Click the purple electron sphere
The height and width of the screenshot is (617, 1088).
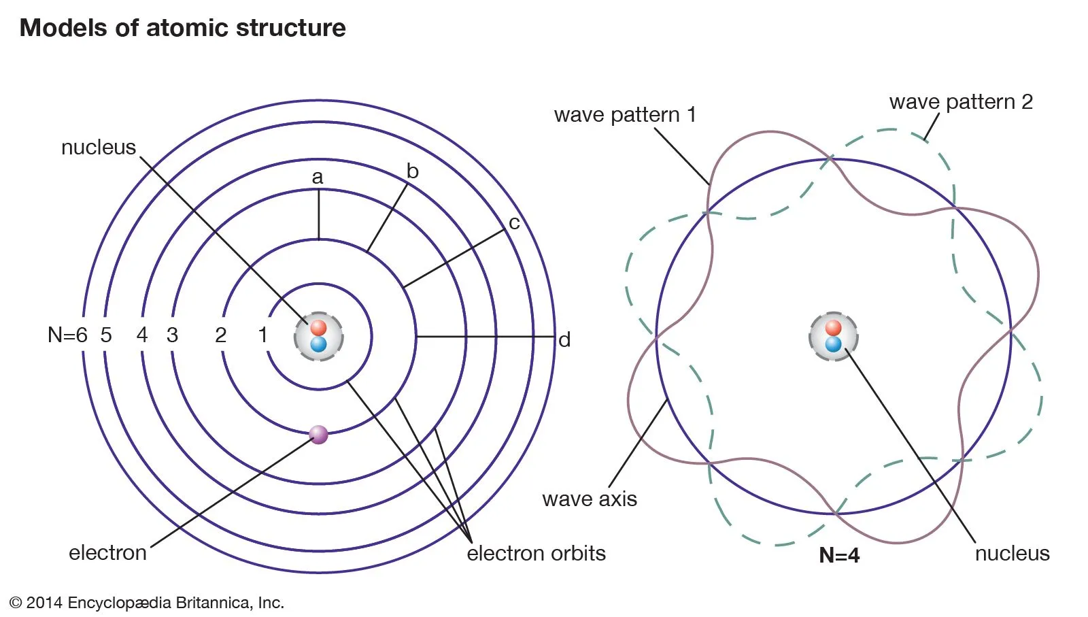click(318, 434)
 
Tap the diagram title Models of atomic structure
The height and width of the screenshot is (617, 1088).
click(182, 28)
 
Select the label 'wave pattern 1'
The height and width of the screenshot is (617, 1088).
click(625, 115)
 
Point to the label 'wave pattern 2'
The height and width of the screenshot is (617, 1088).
click(961, 102)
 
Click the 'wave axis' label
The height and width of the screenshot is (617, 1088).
click(590, 499)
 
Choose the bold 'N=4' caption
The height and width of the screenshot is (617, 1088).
click(839, 555)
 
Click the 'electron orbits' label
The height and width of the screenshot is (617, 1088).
click(536, 553)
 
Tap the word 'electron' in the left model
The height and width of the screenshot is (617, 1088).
click(107, 552)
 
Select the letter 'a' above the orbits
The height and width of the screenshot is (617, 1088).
click(318, 178)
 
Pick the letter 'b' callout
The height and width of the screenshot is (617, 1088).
click(412, 171)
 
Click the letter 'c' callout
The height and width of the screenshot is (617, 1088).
click(514, 222)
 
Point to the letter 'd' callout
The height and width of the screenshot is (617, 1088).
click(564, 339)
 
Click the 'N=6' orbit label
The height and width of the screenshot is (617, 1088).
click(67, 335)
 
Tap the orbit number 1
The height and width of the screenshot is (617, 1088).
click(263, 335)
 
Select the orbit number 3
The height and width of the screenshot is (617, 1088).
click(172, 335)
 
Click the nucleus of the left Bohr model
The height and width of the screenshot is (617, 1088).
click(318, 336)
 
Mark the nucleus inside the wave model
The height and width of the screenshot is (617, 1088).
click(833, 336)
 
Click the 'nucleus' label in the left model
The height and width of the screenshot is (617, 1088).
click(99, 147)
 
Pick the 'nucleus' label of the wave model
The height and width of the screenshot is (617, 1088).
click(1012, 553)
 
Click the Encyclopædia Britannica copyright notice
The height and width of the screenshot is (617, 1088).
click(147, 603)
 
